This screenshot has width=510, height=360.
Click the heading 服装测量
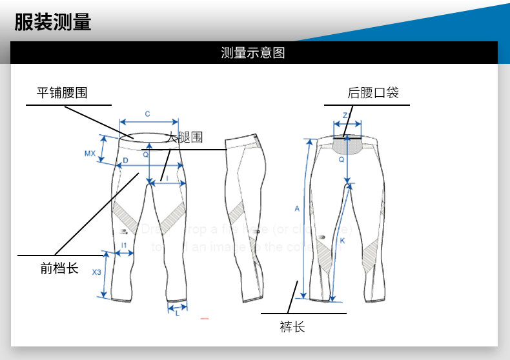coord(53,23)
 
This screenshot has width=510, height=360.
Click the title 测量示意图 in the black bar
coord(253,53)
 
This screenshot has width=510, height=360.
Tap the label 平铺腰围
coord(62,93)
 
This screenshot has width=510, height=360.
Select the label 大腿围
coord(184,137)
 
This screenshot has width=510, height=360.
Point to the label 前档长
coord(59,268)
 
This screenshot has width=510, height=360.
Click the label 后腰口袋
coord(373,93)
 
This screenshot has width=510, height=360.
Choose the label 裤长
coord(292,327)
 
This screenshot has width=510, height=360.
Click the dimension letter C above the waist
coord(147,114)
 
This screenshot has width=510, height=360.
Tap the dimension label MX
coord(90,154)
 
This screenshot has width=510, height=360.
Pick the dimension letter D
coord(125,161)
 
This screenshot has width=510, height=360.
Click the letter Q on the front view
coord(146,155)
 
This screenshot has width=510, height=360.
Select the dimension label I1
coord(124,245)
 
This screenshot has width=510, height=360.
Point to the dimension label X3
coord(97,272)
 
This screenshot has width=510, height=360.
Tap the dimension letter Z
coord(345,115)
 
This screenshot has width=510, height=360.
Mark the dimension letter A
coord(298,208)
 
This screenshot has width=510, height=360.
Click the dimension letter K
coord(342,241)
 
